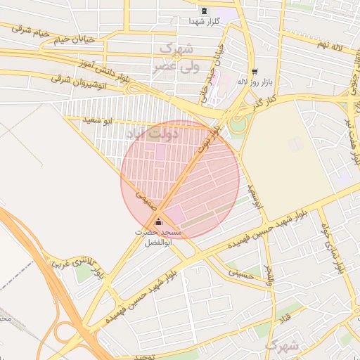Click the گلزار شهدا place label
(204, 22)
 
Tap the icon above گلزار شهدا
(204, 11)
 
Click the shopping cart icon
(254, 71)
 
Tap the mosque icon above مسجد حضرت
(157, 222)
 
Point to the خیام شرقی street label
(29, 31)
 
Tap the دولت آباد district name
(153, 131)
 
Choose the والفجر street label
(269, 273)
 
